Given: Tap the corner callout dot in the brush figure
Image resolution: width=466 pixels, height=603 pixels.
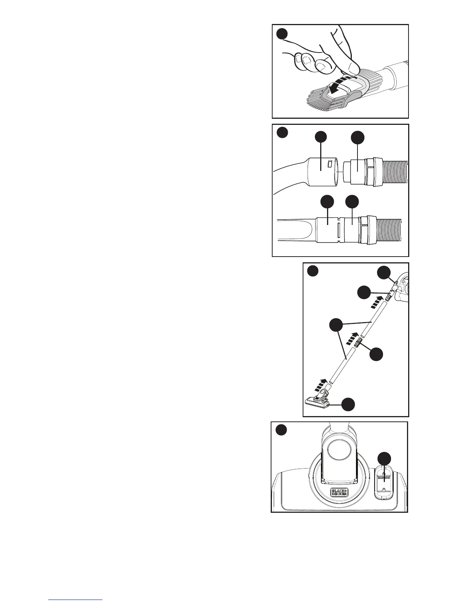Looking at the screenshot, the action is point(282,34).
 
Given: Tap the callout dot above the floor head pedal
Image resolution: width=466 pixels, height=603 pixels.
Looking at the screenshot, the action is point(384,459).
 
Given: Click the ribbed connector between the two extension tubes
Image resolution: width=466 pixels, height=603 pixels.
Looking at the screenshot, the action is point(357,344).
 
